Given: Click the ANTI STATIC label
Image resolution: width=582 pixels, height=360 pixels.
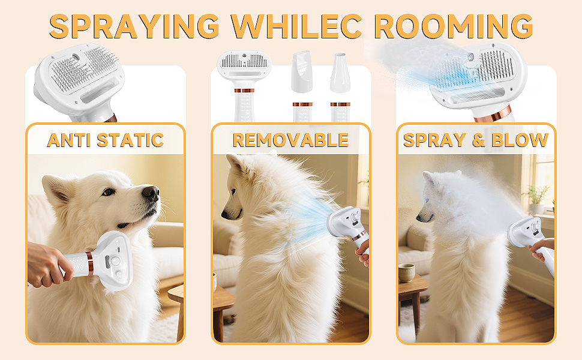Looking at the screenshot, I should [105, 140].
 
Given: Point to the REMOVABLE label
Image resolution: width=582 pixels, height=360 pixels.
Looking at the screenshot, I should [290, 140].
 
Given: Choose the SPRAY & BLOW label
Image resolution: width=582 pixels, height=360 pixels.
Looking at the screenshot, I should [476, 140].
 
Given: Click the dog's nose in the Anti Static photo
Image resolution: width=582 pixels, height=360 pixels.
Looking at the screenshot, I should [151, 193].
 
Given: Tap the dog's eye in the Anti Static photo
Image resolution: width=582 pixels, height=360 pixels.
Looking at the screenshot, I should [108, 192].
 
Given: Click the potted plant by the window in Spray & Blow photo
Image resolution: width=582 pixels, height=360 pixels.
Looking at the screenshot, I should [535, 196].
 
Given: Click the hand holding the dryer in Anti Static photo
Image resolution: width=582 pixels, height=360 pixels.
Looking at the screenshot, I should [48, 264].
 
